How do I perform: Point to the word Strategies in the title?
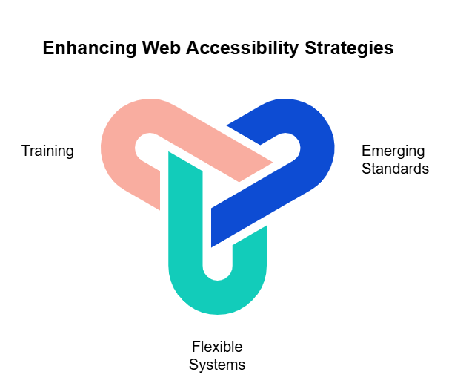(347, 48)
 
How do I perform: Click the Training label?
(47, 151)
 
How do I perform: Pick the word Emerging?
(393, 151)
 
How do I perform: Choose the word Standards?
(395, 169)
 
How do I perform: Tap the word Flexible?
(217, 347)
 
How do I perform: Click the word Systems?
(217, 365)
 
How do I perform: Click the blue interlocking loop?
(296, 171)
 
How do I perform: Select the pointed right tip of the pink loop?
(271, 162)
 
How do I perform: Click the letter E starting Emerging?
(365, 151)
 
